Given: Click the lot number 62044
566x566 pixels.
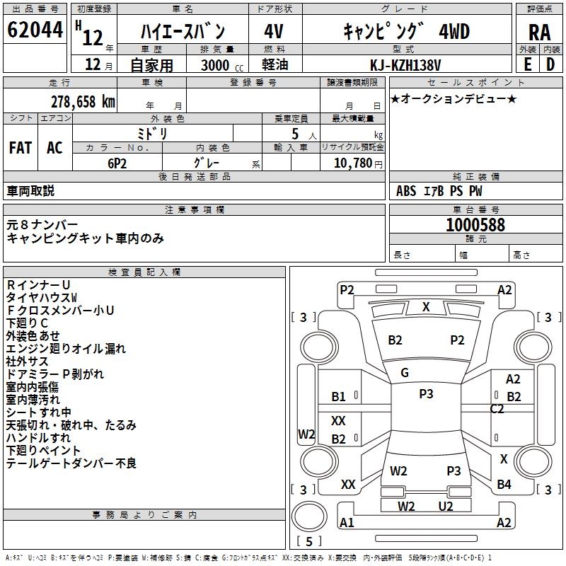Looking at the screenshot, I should pyautogui.click(x=34, y=30).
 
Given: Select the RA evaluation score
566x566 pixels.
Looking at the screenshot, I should pyautogui.click(x=539, y=33).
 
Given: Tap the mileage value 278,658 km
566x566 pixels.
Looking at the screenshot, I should pyautogui.click(x=83, y=101).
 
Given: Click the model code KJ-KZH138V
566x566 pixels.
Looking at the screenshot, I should pyautogui.click(x=405, y=65).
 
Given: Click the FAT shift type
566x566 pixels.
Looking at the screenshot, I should pyautogui.click(x=21, y=148).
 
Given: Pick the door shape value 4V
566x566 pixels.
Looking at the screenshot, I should pyautogui.click(x=274, y=31).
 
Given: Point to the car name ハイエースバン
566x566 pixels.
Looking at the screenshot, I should pyautogui.click(x=183, y=31).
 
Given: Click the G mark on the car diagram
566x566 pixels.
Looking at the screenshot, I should pyautogui.click(x=405, y=373).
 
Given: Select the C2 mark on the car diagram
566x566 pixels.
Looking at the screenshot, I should pyautogui.click(x=497, y=409).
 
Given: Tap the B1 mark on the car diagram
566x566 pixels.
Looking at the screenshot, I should pyautogui.click(x=339, y=397).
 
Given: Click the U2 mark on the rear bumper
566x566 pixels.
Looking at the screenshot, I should pyautogui.click(x=446, y=506).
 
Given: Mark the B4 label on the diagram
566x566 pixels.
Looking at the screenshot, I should pyautogui.click(x=504, y=485).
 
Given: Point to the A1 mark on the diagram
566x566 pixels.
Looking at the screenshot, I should pyautogui.click(x=347, y=523).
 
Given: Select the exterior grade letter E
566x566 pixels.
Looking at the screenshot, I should pyautogui.click(x=527, y=65).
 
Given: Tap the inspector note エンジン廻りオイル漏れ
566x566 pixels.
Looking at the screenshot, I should pyautogui.click(x=66, y=348).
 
